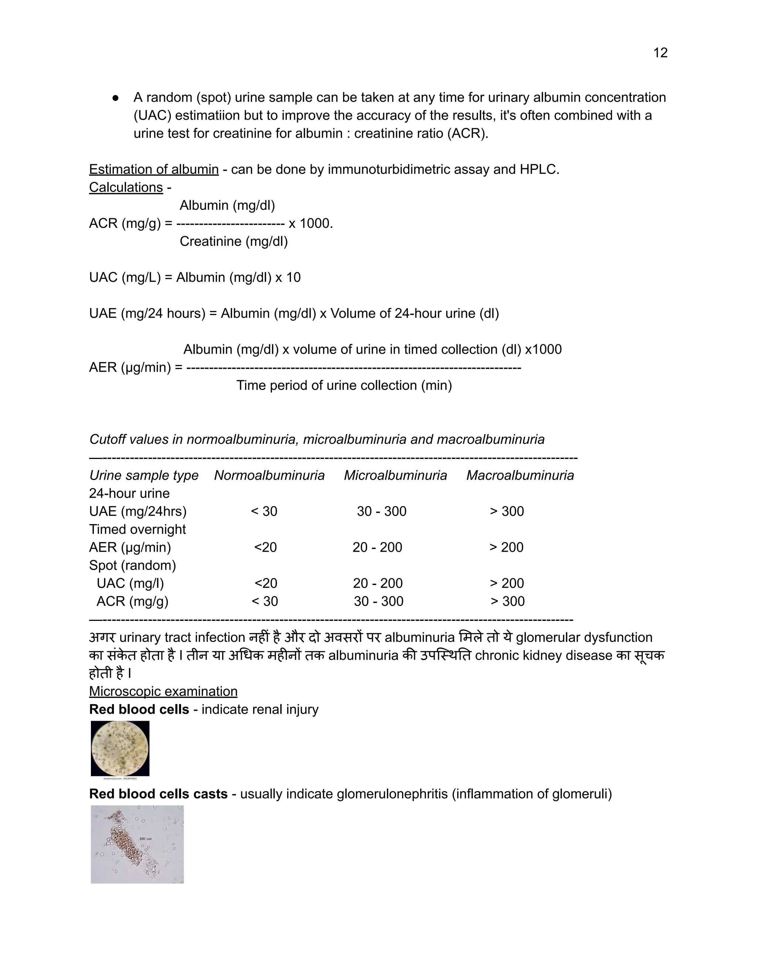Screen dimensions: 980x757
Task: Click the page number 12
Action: point(660,53)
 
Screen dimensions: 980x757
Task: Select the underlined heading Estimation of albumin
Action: point(154,170)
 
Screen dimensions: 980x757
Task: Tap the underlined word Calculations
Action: point(126,187)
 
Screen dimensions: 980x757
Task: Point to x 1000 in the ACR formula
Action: point(310,223)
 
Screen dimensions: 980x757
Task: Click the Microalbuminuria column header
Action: point(395,476)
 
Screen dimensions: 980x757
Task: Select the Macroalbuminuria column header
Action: point(520,476)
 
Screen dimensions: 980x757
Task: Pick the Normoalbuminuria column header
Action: point(269,476)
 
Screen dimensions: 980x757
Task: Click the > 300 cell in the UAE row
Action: point(507,511)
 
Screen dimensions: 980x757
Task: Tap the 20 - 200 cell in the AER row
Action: point(377,547)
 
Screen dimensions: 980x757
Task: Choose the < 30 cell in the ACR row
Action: point(265,601)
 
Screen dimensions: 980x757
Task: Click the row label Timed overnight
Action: point(137,530)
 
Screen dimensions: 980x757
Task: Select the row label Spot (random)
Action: point(132,565)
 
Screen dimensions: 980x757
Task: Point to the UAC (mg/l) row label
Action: point(130,583)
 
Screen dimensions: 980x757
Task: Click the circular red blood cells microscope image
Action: point(120,748)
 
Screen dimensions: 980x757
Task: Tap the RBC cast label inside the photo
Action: point(145,839)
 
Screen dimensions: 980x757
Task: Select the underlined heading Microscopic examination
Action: point(163,692)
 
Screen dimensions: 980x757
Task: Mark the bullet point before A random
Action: point(116,98)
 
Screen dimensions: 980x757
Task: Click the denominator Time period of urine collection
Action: point(344,385)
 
